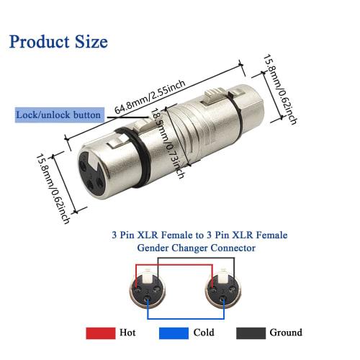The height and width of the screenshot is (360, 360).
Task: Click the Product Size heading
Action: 59,41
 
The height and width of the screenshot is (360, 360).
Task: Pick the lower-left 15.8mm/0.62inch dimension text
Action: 55,189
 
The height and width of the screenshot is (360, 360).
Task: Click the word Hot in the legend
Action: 128,333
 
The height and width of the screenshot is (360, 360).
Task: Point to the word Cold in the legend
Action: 204,333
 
